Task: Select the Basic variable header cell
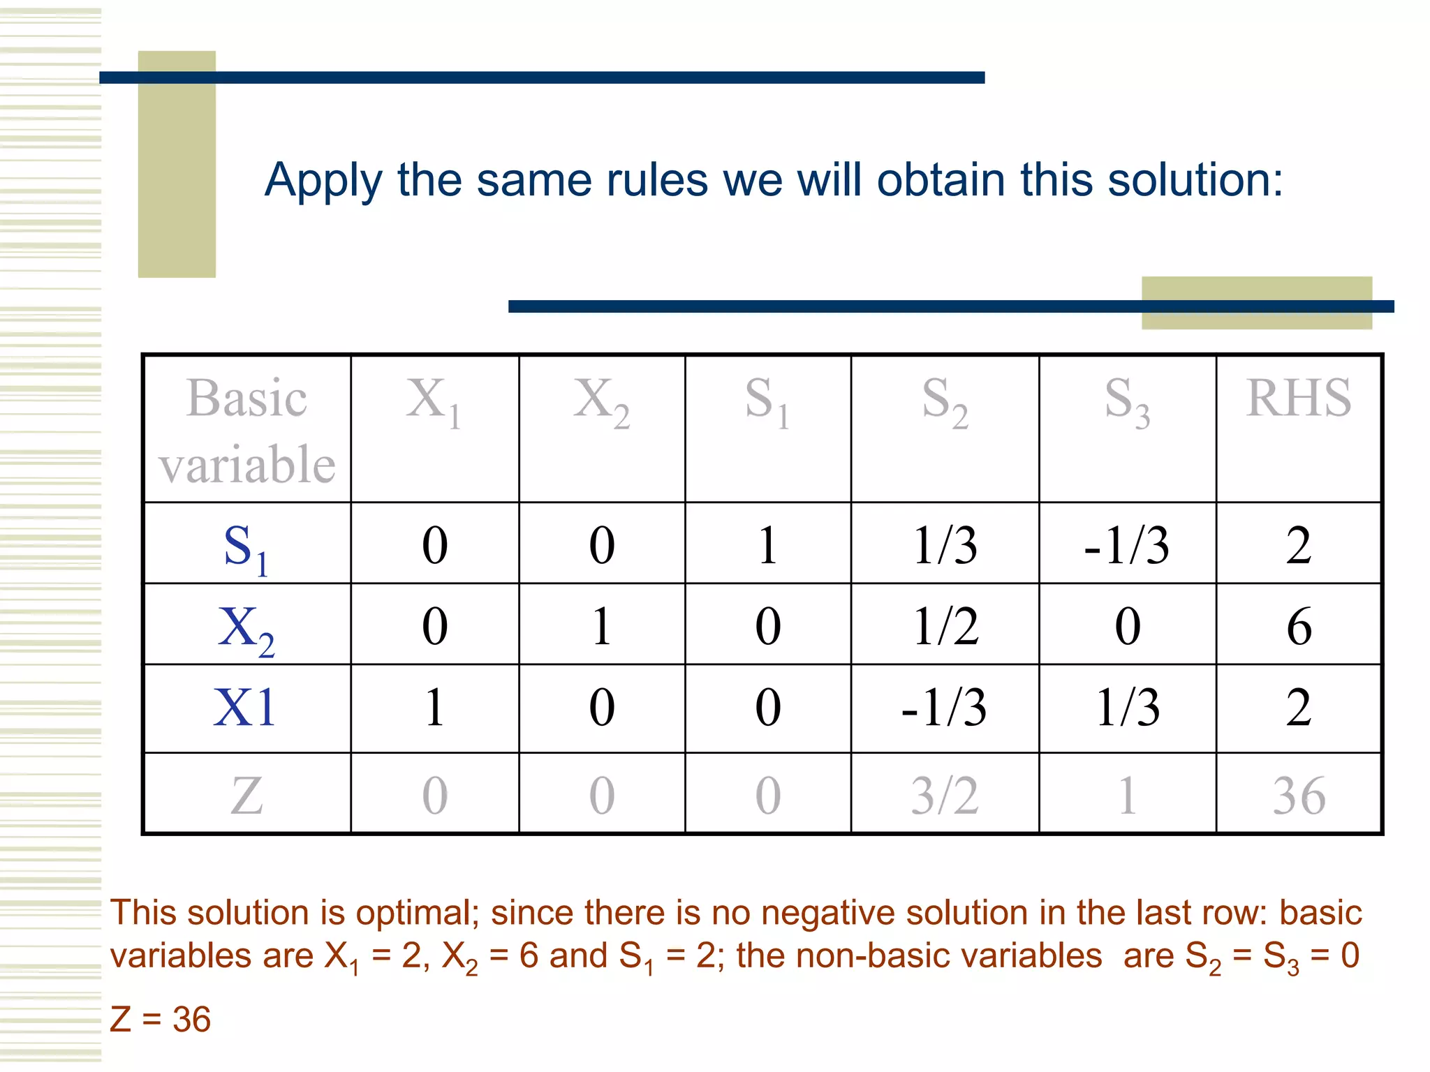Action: tap(246, 430)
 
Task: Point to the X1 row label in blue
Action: tap(245, 708)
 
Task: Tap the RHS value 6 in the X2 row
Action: tap(1298, 626)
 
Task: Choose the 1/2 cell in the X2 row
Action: tap(945, 626)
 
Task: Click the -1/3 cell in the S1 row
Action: tap(1126, 545)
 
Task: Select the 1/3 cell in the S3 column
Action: tap(1127, 708)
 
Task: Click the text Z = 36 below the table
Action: tap(161, 1020)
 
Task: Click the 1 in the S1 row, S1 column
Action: tap(767, 545)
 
